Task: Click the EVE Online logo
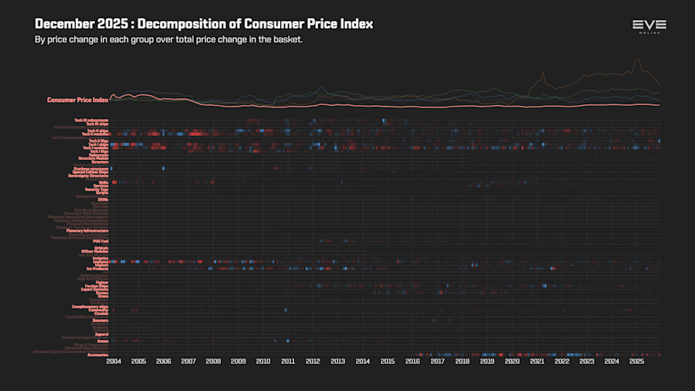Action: pyautogui.click(x=649, y=26)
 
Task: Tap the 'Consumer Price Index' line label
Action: pyautogui.click(x=77, y=100)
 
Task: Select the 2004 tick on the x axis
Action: pyautogui.click(x=114, y=361)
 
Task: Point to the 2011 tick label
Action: pyautogui.click(x=288, y=361)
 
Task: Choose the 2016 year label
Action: pyautogui.click(x=412, y=361)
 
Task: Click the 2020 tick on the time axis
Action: pyautogui.click(x=512, y=361)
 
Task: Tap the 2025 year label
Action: pyautogui.click(x=636, y=361)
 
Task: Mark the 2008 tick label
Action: pyautogui.click(x=213, y=361)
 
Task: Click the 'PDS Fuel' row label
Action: pyautogui.click(x=100, y=241)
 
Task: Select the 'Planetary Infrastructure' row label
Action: pyautogui.click(x=87, y=230)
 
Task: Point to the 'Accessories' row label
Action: pyautogui.click(x=98, y=355)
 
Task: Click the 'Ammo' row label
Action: pyautogui.click(x=103, y=341)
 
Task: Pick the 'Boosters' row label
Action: pyautogui.click(x=100, y=320)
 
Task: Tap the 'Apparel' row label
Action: pyautogui.click(x=101, y=334)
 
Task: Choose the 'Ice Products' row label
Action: pyautogui.click(x=97, y=268)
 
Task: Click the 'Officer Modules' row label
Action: pyautogui.click(x=94, y=251)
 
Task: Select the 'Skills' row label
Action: pyautogui.click(x=103, y=182)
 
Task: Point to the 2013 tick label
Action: pyautogui.click(x=337, y=361)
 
